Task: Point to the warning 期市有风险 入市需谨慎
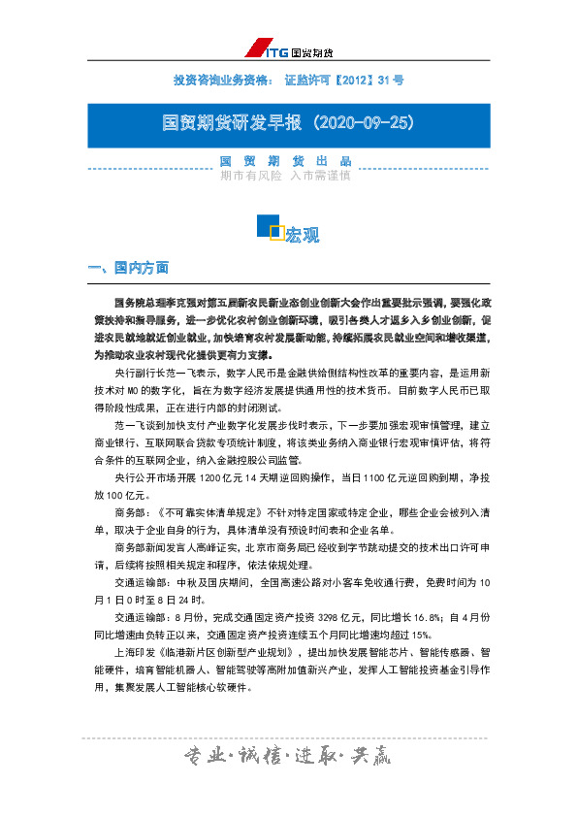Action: coord(285,176)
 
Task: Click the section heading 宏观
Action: coord(303,235)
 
